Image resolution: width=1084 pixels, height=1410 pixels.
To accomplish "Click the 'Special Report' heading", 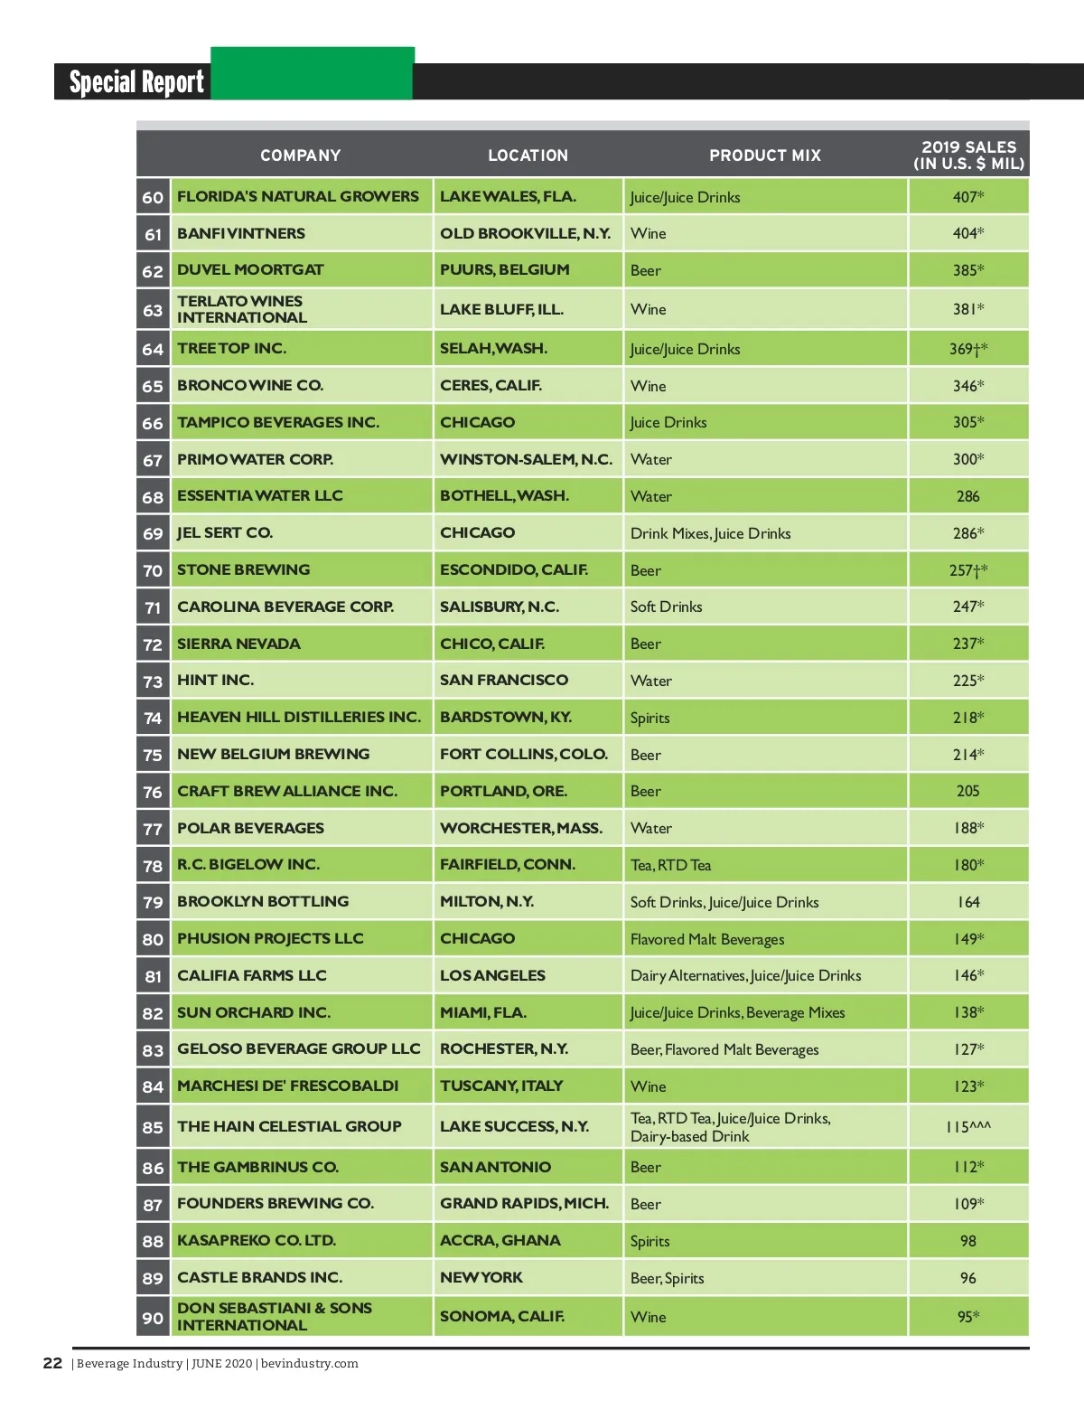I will coord(136,82).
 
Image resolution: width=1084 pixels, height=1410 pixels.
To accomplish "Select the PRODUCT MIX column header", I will coord(764,155).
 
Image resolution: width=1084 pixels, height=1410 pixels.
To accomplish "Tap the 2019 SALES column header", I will coord(968,155).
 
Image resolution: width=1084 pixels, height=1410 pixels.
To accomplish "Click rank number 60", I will coord(153,197).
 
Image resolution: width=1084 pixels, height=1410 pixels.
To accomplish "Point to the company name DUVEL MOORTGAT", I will coord(250,269).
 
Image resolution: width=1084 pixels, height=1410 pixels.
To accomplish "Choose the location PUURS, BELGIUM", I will coord(504,269).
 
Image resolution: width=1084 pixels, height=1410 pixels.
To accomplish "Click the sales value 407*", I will coord(968,197).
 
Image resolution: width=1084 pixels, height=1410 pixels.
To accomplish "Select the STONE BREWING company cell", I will coord(244,569).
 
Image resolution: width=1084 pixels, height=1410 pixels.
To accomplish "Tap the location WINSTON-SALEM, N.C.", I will coord(526,459).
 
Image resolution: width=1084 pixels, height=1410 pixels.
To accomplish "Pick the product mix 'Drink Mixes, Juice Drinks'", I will coord(710,533).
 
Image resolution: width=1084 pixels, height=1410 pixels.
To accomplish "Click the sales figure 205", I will coord(968,791).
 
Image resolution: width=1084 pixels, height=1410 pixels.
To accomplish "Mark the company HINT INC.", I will coord(215,680).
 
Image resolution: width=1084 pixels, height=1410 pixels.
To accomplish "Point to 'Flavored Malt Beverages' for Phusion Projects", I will coord(707,939).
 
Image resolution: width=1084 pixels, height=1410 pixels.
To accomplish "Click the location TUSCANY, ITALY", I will coord(501,1086).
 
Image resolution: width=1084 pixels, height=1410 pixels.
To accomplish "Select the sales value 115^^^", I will coord(968,1127).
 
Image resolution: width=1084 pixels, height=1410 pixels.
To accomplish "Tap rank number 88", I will coord(153,1241).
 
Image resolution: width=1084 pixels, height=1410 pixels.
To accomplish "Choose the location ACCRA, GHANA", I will coord(500,1240).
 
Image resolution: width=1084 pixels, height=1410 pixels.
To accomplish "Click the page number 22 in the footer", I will coord(52,1363).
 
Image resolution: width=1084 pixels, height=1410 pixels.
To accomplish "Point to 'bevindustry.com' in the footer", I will coord(309,1364).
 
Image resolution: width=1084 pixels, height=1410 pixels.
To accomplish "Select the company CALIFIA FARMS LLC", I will coord(252,975).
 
